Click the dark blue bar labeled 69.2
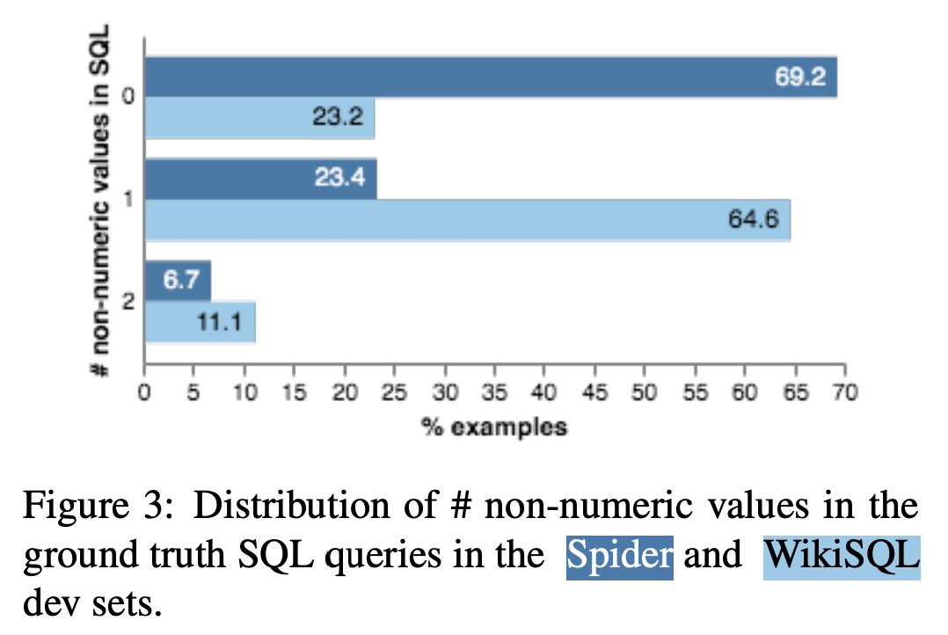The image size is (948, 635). [491, 77]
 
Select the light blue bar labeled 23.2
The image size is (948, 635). [260, 119]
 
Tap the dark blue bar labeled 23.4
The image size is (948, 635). [261, 179]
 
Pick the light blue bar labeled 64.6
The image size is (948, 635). [468, 220]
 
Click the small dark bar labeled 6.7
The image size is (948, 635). [178, 281]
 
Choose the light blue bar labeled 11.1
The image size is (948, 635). [201, 322]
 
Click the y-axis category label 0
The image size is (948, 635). [128, 97]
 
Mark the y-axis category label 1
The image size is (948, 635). [128, 200]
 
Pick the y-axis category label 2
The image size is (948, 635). [128, 302]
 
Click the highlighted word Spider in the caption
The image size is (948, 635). [620, 557]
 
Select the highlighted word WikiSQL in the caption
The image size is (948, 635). [842, 557]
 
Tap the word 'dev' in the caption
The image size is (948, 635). [49, 606]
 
